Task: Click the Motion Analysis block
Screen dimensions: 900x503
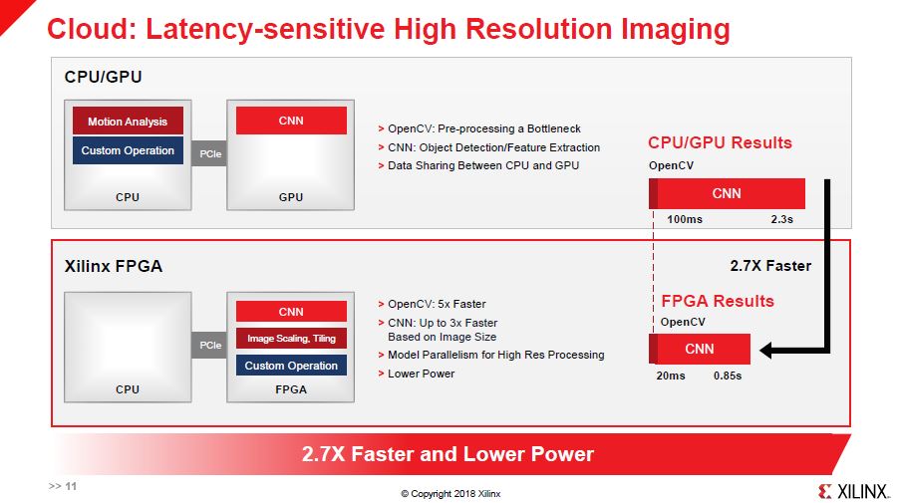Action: (x=128, y=121)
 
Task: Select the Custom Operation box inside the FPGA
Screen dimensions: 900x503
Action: (x=291, y=366)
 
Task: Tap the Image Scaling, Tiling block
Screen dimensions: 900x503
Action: (x=291, y=339)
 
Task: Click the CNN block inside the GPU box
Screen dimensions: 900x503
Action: (x=291, y=121)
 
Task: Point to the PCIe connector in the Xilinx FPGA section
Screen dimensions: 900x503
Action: (x=210, y=346)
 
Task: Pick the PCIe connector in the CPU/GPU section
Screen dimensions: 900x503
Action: (x=210, y=153)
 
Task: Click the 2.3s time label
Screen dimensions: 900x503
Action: (x=781, y=219)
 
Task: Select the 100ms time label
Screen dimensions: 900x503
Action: (x=684, y=219)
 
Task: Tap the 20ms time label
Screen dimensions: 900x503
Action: (x=671, y=376)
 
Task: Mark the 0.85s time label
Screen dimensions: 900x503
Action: (x=728, y=376)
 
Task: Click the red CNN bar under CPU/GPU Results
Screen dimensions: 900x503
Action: (x=727, y=193)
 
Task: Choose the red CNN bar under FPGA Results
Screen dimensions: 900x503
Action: (x=699, y=349)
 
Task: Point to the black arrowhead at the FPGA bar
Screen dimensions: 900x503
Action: (x=766, y=350)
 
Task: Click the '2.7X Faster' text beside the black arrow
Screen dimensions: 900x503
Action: (x=770, y=266)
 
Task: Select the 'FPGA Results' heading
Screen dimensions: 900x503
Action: (x=718, y=301)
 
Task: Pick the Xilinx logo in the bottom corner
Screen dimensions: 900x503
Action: (x=853, y=491)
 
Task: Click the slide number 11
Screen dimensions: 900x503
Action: (x=71, y=486)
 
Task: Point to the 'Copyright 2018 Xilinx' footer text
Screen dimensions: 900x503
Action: (x=450, y=493)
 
